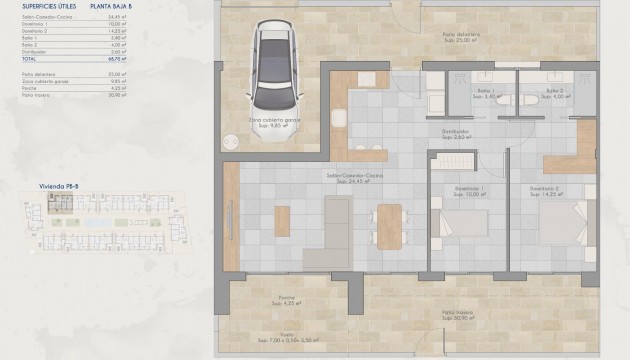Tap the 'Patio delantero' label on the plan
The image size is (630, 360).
click(x=461, y=35)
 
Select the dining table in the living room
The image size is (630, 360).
click(x=388, y=225)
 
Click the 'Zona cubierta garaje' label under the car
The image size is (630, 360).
click(x=276, y=119)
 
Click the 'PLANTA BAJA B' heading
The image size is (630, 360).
click(x=110, y=6)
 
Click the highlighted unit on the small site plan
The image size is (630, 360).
click(x=60, y=206)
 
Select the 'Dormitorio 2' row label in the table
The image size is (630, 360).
click(x=34, y=31)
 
